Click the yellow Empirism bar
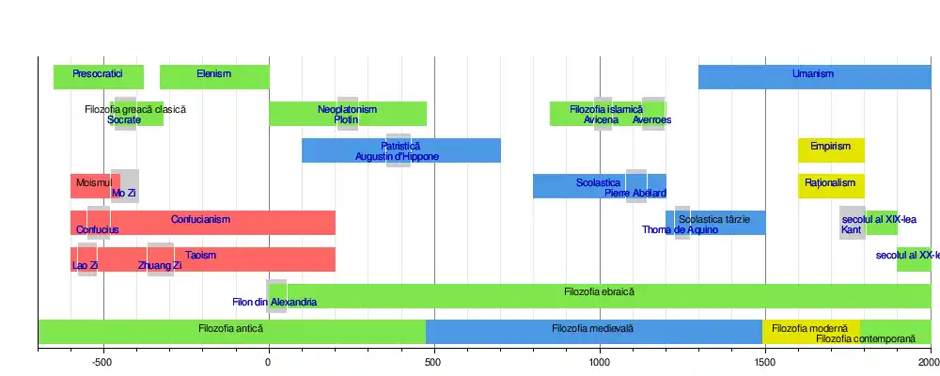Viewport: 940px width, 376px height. point(831,149)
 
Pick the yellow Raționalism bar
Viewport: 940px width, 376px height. point(831,184)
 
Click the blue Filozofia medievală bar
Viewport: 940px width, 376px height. point(592,330)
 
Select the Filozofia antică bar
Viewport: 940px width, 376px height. point(231,330)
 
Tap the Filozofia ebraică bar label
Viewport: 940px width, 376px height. point(600,293)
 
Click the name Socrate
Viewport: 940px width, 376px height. point(124,120)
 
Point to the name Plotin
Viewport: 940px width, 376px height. point(346,120)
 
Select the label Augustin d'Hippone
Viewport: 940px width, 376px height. point(397,157)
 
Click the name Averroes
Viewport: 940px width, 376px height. point(652,120)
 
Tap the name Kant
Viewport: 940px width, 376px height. point(852,230)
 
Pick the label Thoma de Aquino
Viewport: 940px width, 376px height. point(681,230)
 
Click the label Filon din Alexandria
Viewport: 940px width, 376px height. point(274,303)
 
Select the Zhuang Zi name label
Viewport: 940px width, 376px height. point(160,266)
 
